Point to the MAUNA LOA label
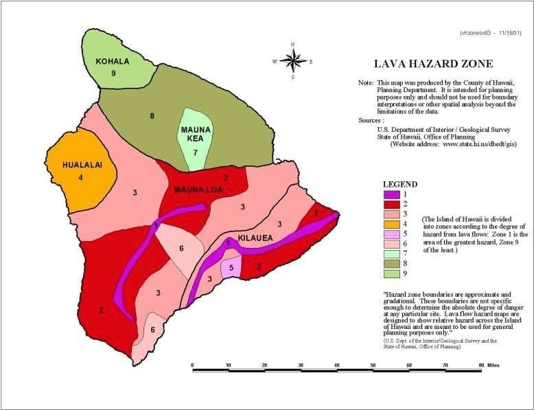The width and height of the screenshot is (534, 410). coord(198,190)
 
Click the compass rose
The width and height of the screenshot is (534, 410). coord(293,61)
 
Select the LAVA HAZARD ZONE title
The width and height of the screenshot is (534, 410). coord(432,64)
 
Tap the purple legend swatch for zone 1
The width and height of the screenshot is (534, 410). coord(392,194)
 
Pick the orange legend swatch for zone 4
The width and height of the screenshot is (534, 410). coord(392,223)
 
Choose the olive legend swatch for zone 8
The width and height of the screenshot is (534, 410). coord(392,262)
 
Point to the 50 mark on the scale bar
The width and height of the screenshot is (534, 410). coord(373,365)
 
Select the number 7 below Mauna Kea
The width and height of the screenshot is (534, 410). coord(196,152)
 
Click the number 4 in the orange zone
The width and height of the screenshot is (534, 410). coord(80,178)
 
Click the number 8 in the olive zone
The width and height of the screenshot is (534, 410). coord(152,116)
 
